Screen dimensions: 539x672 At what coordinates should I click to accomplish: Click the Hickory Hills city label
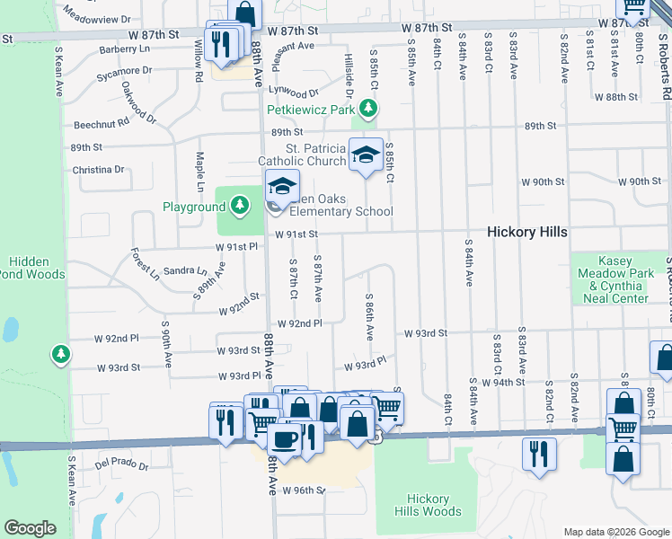(526, 232)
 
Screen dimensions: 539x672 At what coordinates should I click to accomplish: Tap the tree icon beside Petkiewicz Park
(367, 110)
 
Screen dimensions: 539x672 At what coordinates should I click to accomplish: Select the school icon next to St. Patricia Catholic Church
(366, 155)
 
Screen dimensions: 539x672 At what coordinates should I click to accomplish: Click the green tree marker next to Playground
(239, 207)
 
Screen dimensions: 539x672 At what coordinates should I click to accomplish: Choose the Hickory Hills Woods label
(428, 505)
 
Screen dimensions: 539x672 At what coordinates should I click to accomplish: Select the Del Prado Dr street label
(120, 464)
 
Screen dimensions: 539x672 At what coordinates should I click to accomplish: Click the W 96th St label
(302, 490)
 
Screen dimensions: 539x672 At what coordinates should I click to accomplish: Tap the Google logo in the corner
(30, 528)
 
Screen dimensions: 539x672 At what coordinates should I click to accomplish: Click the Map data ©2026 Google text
(615, 532)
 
